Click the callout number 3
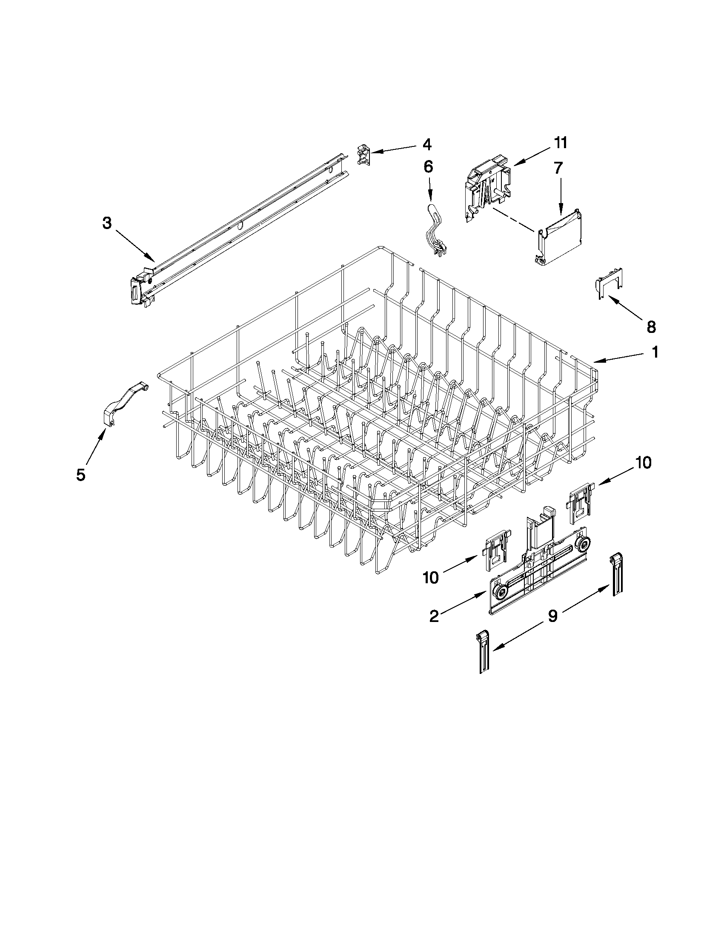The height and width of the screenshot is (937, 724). (107, 223)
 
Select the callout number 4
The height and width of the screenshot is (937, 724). (427, 145)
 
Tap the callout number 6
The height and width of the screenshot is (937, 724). (429, 167)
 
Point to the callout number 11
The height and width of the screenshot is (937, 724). (560, 143)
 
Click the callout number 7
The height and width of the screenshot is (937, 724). (558, 169)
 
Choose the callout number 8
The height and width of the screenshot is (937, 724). (651, 327)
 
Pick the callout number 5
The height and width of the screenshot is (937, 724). (80, 475)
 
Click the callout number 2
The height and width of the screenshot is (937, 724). (434, 616)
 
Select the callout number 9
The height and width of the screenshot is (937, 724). (553, 616)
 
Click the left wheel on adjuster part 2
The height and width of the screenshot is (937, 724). (501, 594)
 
